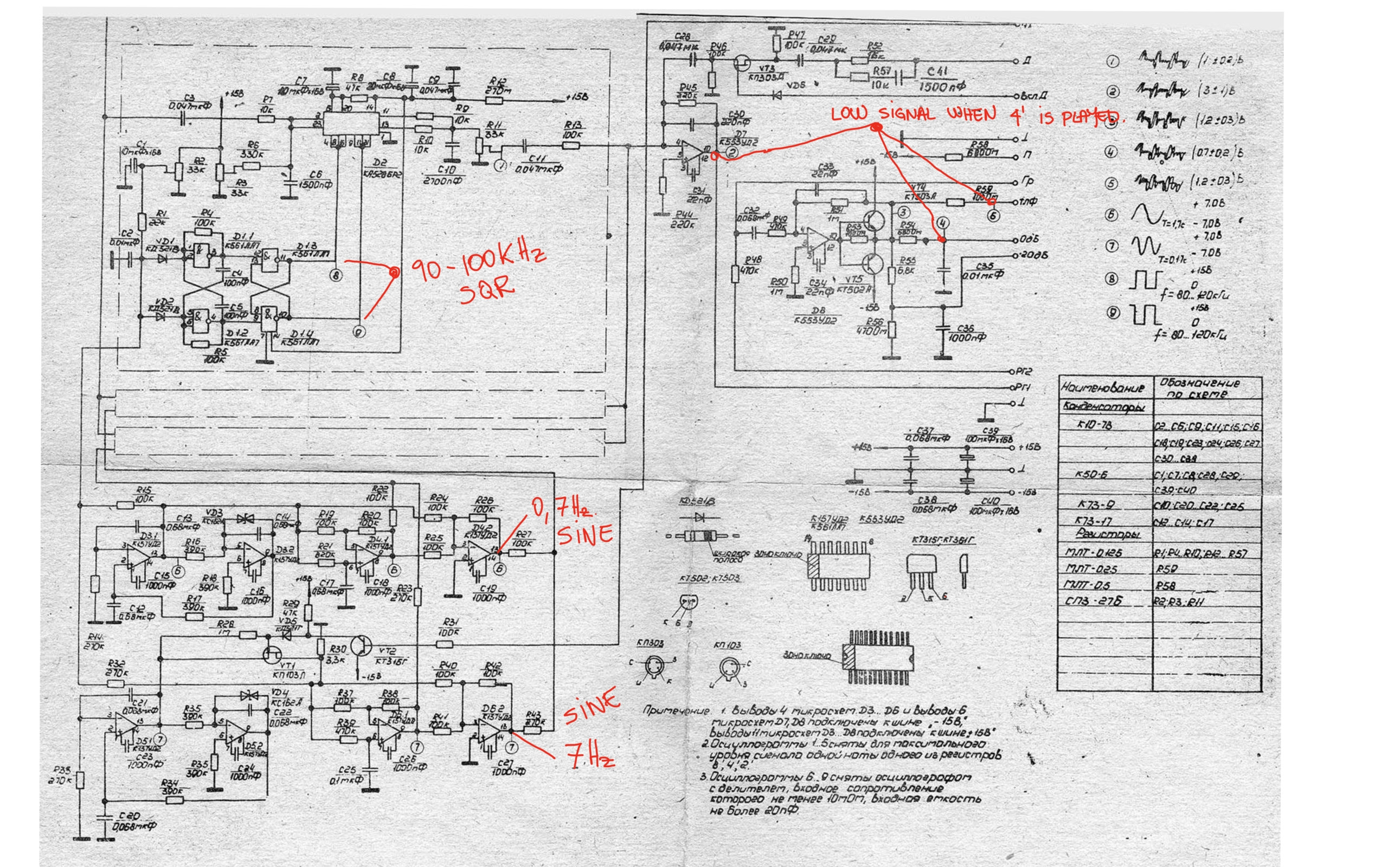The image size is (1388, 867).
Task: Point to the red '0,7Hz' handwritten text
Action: [x=563, y=508]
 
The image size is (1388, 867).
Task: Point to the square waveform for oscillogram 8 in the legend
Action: [x=1144, y=279]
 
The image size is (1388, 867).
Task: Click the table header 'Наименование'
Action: [x=1102, y=387]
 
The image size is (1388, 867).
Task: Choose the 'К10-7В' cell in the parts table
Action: [x=1095, y=425]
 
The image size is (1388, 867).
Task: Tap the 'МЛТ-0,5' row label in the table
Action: [x=1088, y=585]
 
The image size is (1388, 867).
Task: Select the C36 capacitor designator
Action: [x=966, y=328]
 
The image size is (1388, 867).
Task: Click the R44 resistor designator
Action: [x=681, y=216]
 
